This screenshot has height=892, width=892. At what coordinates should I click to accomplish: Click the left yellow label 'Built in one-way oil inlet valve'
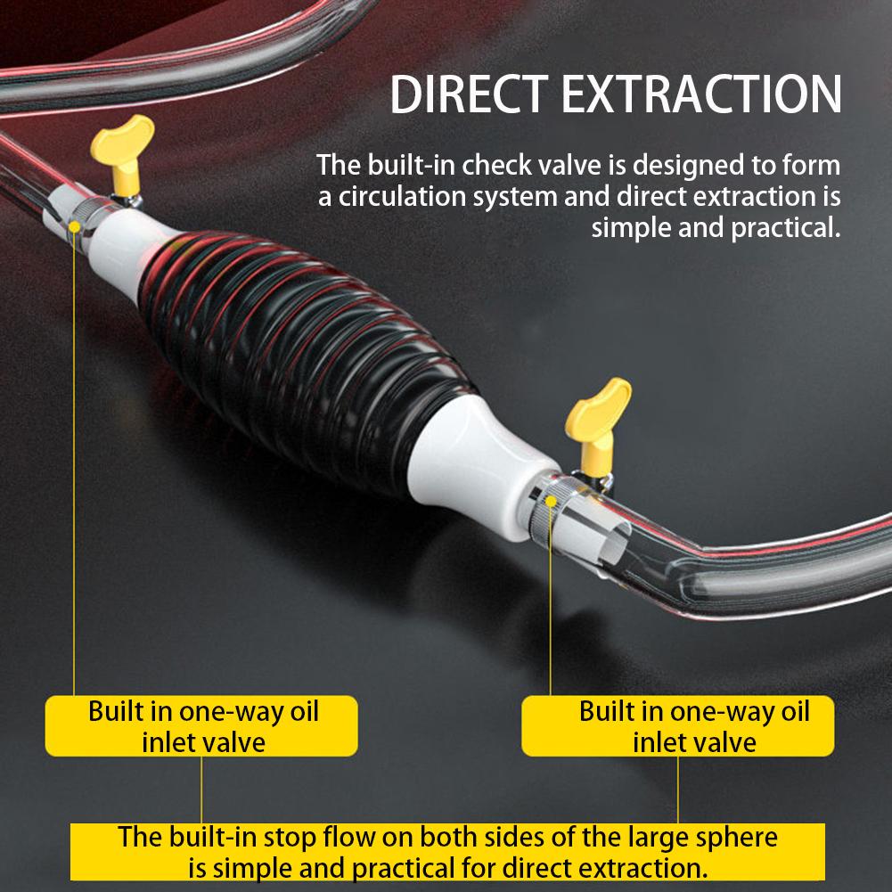point(202,726)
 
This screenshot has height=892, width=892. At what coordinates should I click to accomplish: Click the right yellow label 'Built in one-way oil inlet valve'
point(694,726)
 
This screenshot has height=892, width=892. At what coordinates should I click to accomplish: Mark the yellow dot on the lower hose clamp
point(552,503)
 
